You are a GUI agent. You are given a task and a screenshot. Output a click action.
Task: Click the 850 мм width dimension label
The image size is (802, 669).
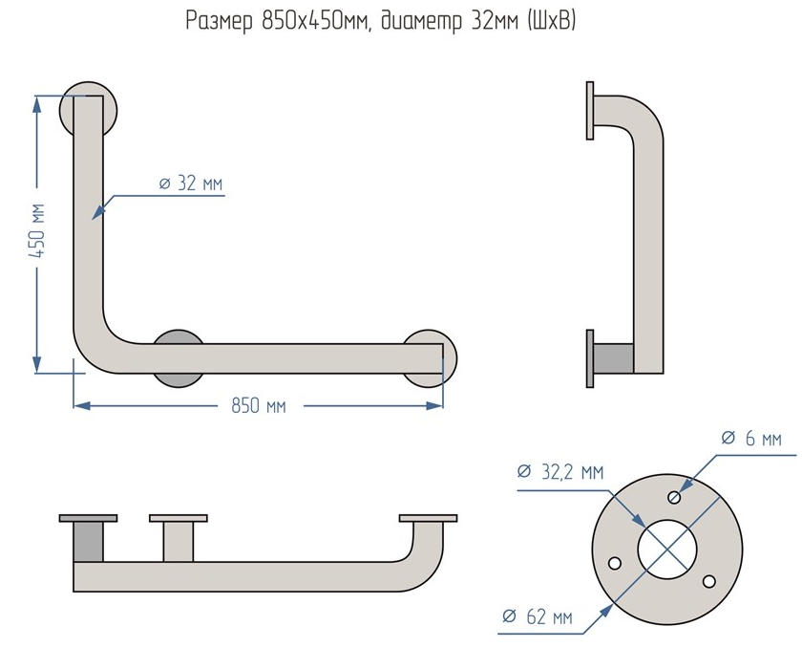pyautogui.click(x=258, y=405)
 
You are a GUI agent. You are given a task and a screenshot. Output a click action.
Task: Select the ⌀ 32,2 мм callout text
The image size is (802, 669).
pyautogui.click(x=559, y=472)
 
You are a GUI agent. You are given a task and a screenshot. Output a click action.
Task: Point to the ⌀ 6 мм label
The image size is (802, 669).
pyautogui.click(x=750, y=439)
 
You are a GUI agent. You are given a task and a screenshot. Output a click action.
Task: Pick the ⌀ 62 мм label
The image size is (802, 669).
pyautogui.click(x=538, y=617)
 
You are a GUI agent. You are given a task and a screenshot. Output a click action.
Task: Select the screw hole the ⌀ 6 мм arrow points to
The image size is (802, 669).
pyautogui.click(x=676, y=496)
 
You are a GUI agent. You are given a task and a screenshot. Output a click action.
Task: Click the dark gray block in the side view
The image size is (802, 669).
pyautogui.click(x=612, y=358)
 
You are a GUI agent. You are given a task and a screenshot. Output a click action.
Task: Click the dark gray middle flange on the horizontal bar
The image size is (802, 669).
pyautogui.click(x=178, y=358)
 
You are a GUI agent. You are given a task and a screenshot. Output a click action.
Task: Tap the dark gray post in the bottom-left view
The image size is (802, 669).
pyautogui.click(x=88, y=542)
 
